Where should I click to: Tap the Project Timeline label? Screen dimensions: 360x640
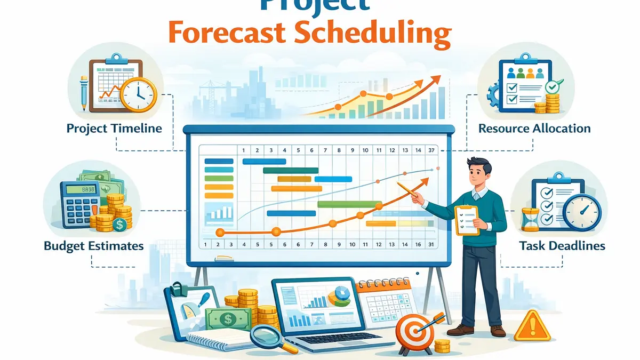(x=114, y=129)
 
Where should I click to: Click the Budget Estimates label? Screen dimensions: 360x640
(x=94, y=246)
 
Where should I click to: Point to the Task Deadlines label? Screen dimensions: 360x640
(x=562, y=246)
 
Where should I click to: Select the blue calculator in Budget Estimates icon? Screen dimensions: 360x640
(x=79, y=202)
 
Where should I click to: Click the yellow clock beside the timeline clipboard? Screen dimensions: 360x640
(x=138, y=92)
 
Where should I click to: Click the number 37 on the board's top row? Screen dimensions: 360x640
(x=431, y=150)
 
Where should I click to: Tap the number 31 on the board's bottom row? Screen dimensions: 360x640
(x=431, y=245)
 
